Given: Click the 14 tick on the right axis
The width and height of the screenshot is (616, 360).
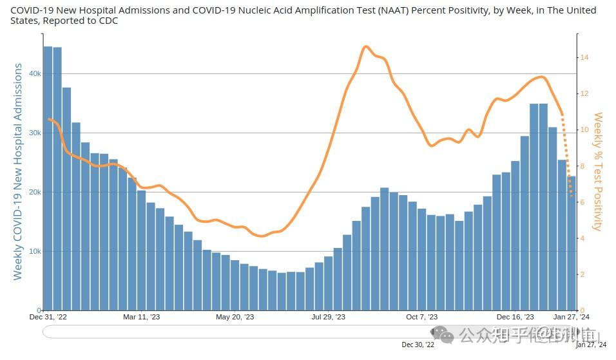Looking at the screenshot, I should click(x=584, y=57).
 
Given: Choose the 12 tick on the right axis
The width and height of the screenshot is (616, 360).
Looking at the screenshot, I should click(x=584, y=93).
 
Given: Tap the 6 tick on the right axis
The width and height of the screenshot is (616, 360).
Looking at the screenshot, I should click(x=582, y=202).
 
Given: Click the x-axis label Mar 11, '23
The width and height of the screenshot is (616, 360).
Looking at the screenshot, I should click(x=141, y=317).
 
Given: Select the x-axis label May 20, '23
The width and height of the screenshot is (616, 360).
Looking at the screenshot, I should click(x=235, y=317).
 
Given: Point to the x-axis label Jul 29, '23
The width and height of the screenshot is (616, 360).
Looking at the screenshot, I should click(x=329, y=317).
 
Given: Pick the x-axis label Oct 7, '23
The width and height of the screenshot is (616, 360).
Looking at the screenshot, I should click(x=422, y=317).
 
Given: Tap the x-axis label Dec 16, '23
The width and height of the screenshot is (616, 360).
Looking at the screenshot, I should click(x=515, y=317).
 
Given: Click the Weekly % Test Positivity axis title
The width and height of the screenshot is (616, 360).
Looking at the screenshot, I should click(x=598, y=171).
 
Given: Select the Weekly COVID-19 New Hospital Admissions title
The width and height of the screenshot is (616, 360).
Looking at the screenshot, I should click(x=17, y=171).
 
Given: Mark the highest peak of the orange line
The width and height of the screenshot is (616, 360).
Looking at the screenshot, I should click(x=365, y=46).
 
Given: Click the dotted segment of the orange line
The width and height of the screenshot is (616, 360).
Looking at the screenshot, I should click(x=567, y=155).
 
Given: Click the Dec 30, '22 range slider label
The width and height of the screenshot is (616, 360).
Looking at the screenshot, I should click(x=418, y=345).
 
